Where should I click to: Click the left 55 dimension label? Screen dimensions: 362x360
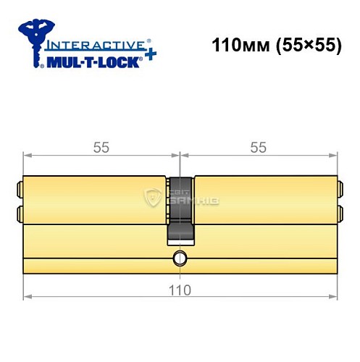[x=101, y=148]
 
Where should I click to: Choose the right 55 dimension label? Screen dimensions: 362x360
[x=258, y=148]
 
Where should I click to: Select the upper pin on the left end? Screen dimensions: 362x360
[x=19, y=190]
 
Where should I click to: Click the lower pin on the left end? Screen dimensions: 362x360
[x=19, y=214]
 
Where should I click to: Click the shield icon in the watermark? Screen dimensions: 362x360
[x=154, y=195]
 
